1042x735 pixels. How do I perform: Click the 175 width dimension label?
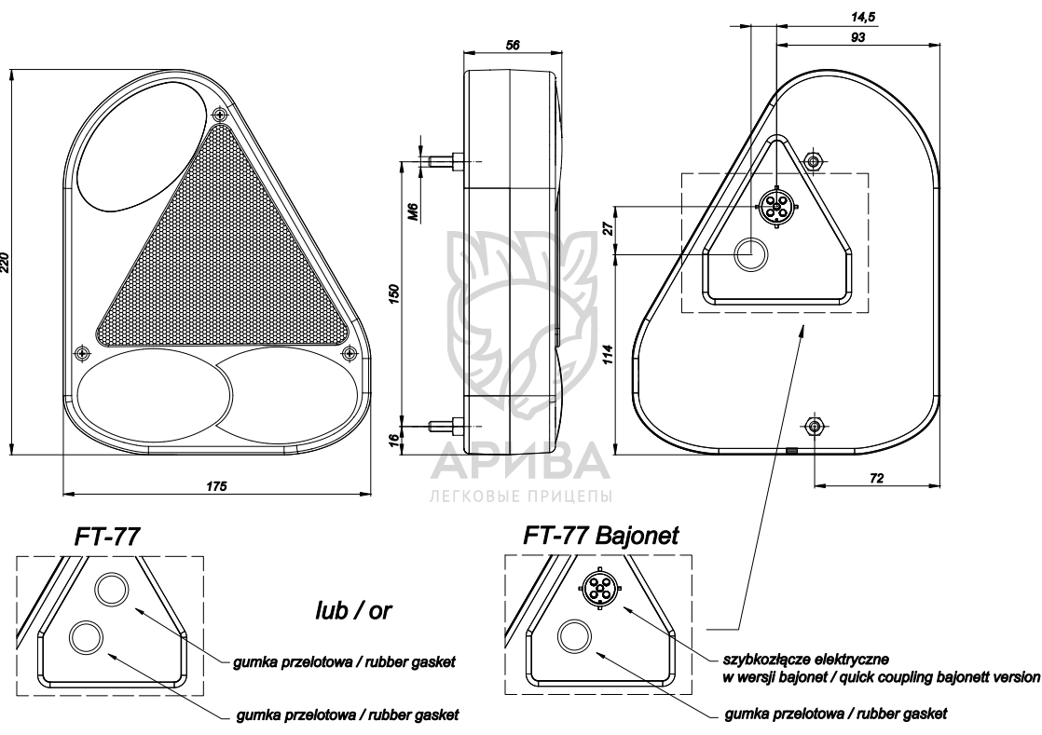click(218, 484)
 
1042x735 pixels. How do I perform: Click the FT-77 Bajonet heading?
click(600, 535)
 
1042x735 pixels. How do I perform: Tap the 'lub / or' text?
click(353, 610)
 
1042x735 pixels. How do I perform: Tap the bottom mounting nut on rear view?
click(814, 426)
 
